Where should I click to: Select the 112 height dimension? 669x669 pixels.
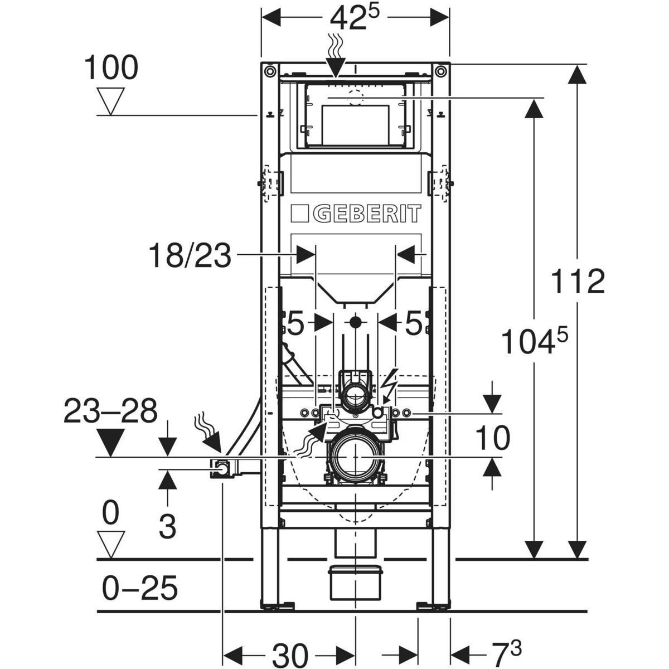coord(578,282)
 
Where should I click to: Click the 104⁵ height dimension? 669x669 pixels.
coord(535,341)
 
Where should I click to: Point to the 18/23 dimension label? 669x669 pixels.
coord(190,256)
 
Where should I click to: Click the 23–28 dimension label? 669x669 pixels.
coord(110,411)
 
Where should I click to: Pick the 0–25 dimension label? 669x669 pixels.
coord(140,588)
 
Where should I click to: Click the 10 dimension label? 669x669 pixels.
coord(492,438)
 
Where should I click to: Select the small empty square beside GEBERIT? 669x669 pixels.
coord(299,213)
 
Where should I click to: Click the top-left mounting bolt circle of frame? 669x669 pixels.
coord(269,71)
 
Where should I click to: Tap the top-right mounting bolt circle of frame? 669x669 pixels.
coord(440,71)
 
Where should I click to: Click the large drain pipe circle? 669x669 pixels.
coord(355,458)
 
